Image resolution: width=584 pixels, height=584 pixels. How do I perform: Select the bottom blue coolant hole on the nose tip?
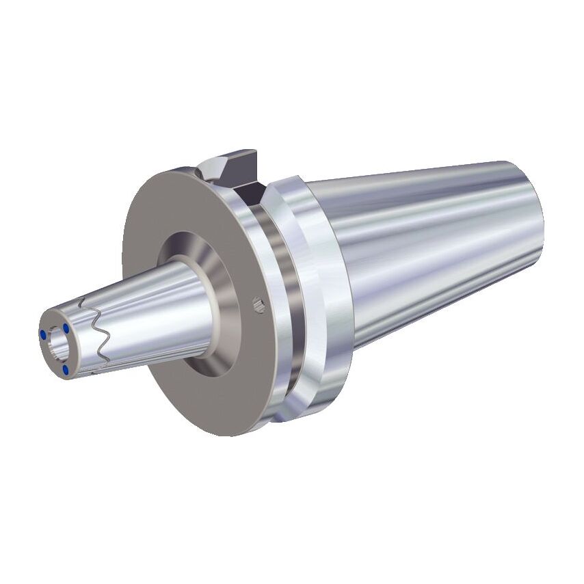[x=65, y=369]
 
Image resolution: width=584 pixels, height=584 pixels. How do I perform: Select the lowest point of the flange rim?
[x=226, y=435]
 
